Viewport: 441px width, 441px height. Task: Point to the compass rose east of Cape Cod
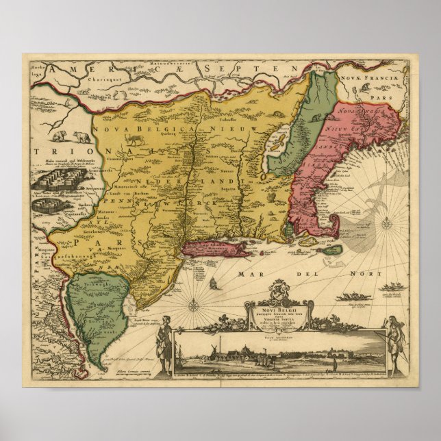pyautogui.click(x=386, y=223)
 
